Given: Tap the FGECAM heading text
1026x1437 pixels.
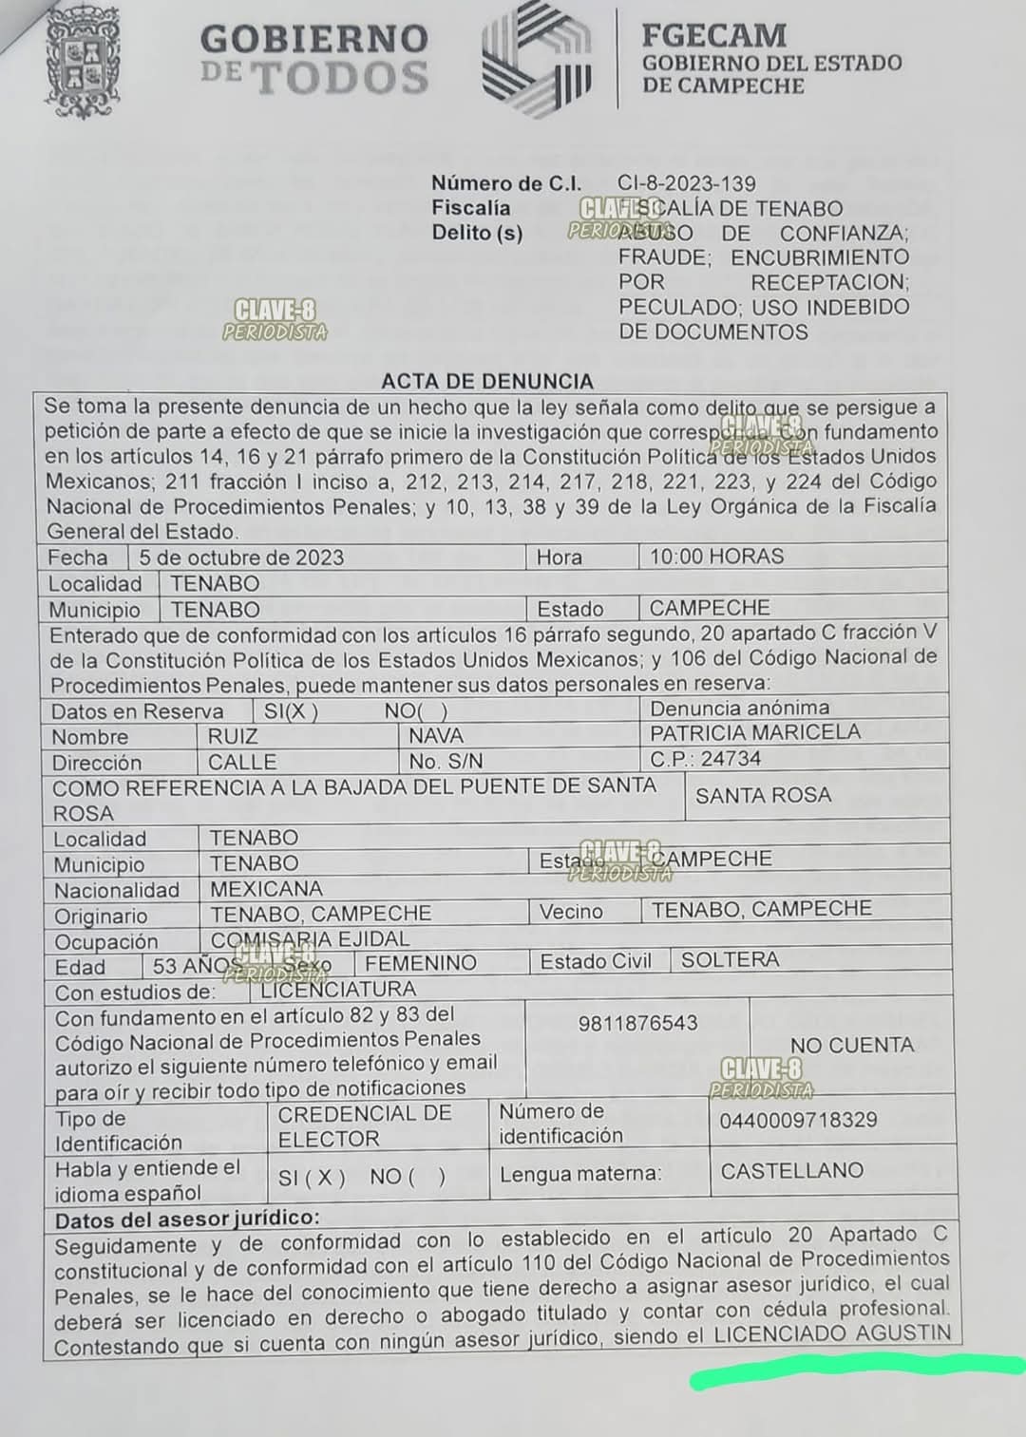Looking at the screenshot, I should (x=713, y=35).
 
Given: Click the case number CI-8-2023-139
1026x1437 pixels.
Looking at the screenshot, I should (x=686, y=183).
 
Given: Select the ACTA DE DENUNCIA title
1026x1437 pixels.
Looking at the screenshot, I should (x=486, y=381).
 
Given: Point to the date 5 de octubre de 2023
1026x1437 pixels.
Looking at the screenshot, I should (x=241, y=558).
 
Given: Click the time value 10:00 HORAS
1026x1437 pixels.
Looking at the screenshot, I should (x=716, y=557).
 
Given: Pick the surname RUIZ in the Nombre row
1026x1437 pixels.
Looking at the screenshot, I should (x=233, y=736).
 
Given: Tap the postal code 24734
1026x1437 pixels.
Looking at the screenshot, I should (x=731, y=759).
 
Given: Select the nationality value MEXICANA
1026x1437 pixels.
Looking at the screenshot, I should (x=266, y=889).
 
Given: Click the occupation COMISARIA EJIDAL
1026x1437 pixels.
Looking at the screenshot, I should (x=310, y=939).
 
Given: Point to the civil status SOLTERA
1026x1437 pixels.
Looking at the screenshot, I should (x=730, y=959).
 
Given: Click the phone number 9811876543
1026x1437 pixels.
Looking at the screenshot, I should (x=637, y=1023).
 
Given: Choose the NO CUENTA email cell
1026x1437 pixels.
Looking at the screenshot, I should (x=851, y=1045).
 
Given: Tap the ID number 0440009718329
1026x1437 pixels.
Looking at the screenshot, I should (x=798, y=1120).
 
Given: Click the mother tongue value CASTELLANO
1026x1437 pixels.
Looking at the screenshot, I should (x=791, y=1170).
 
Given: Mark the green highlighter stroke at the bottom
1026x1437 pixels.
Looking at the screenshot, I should (x=855, y=1371).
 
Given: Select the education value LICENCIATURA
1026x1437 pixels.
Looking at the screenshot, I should (x=337, y=989).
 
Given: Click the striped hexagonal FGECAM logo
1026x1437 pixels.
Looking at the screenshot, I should (x=537, y=59).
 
